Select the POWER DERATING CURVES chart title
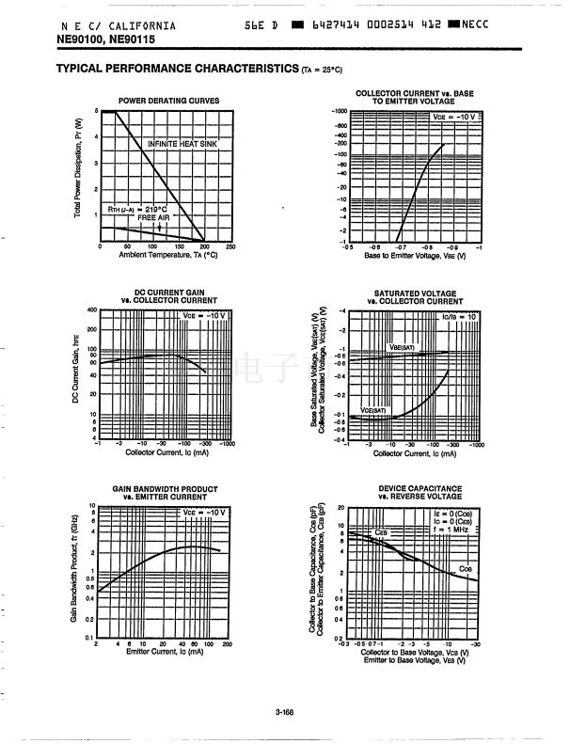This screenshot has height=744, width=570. pyautogui.click(x=169, y=101)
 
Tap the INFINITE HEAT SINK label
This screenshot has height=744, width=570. pyautogui.click(x=182, y=143)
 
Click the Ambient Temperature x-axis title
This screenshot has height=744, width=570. pyautogui.click(x=168, y=255)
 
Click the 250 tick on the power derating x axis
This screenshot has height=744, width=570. pyautogui.click(x=230, y=246)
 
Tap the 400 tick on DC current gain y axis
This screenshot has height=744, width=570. pyautogui.click(x=91, y=310)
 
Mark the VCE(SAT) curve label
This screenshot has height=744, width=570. pyautogui.click(x=373, y=410)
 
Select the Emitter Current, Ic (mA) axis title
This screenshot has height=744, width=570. pyautogui.click(x=165, y=651)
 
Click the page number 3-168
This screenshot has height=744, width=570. pyautogui.click(x=285, y=712)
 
